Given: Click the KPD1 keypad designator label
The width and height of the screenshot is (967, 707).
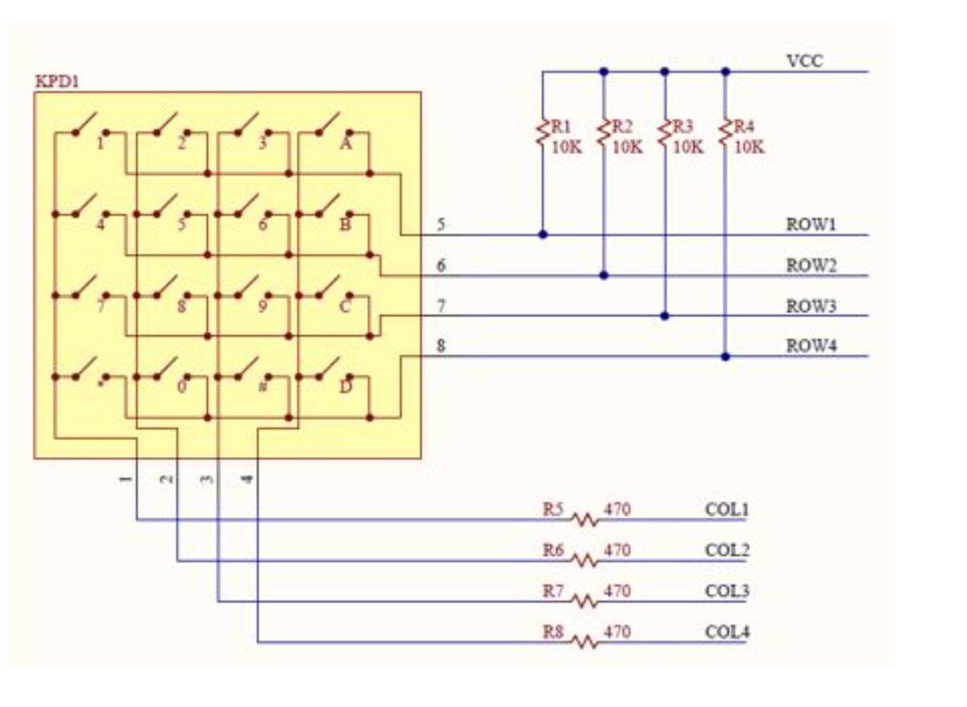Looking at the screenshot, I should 56,81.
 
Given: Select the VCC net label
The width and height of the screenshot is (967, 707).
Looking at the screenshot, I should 804,61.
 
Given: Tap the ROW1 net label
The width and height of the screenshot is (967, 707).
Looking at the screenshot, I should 811,225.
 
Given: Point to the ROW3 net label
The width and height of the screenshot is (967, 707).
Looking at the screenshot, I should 811,306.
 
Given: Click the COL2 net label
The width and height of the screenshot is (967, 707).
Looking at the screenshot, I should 727,551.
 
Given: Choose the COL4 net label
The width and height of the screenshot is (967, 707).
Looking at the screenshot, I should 727,632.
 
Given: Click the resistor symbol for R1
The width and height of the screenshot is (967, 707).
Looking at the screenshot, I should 542,134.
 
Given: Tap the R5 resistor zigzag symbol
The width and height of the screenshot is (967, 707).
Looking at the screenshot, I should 586,520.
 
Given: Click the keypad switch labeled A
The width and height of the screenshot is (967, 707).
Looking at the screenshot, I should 331,129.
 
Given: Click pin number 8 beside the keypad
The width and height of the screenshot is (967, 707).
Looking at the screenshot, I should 441,347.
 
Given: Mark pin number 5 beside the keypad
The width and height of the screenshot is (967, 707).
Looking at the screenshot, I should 441,224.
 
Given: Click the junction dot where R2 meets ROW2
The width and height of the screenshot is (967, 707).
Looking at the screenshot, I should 604,276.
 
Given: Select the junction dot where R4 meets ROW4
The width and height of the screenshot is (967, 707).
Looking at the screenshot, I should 725,356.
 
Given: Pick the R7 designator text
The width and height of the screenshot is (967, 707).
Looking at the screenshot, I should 553,591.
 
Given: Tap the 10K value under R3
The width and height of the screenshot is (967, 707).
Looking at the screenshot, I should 687,148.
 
